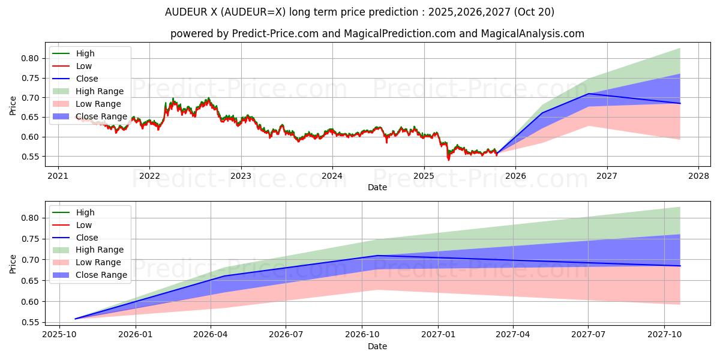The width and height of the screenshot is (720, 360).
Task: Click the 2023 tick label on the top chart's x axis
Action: click(241, 176)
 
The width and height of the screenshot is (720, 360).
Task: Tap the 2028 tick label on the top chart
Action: click(698, 176)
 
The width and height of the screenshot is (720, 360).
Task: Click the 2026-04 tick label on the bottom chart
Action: click(211, 335)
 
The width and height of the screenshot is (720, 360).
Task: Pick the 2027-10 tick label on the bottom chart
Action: click(664, 335)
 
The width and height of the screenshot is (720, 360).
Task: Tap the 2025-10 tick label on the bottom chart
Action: click(59, 335)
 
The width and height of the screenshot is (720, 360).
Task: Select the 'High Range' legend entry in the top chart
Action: click(100, 91)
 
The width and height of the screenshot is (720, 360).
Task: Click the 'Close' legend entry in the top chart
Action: click(87, 79)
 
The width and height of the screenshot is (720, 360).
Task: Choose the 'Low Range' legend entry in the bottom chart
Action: click(98, 262)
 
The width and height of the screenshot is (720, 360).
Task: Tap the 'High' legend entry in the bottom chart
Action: click(85, 212)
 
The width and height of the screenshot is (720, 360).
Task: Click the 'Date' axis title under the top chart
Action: click(377, 187)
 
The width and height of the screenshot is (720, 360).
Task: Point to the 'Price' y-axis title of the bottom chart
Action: click(13, 264)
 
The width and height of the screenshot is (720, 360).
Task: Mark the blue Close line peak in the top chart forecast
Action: click(589, 94)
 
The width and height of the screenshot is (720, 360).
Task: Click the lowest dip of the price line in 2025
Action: click(448, 160)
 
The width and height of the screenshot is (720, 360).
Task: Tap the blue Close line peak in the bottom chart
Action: click(377, 256)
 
